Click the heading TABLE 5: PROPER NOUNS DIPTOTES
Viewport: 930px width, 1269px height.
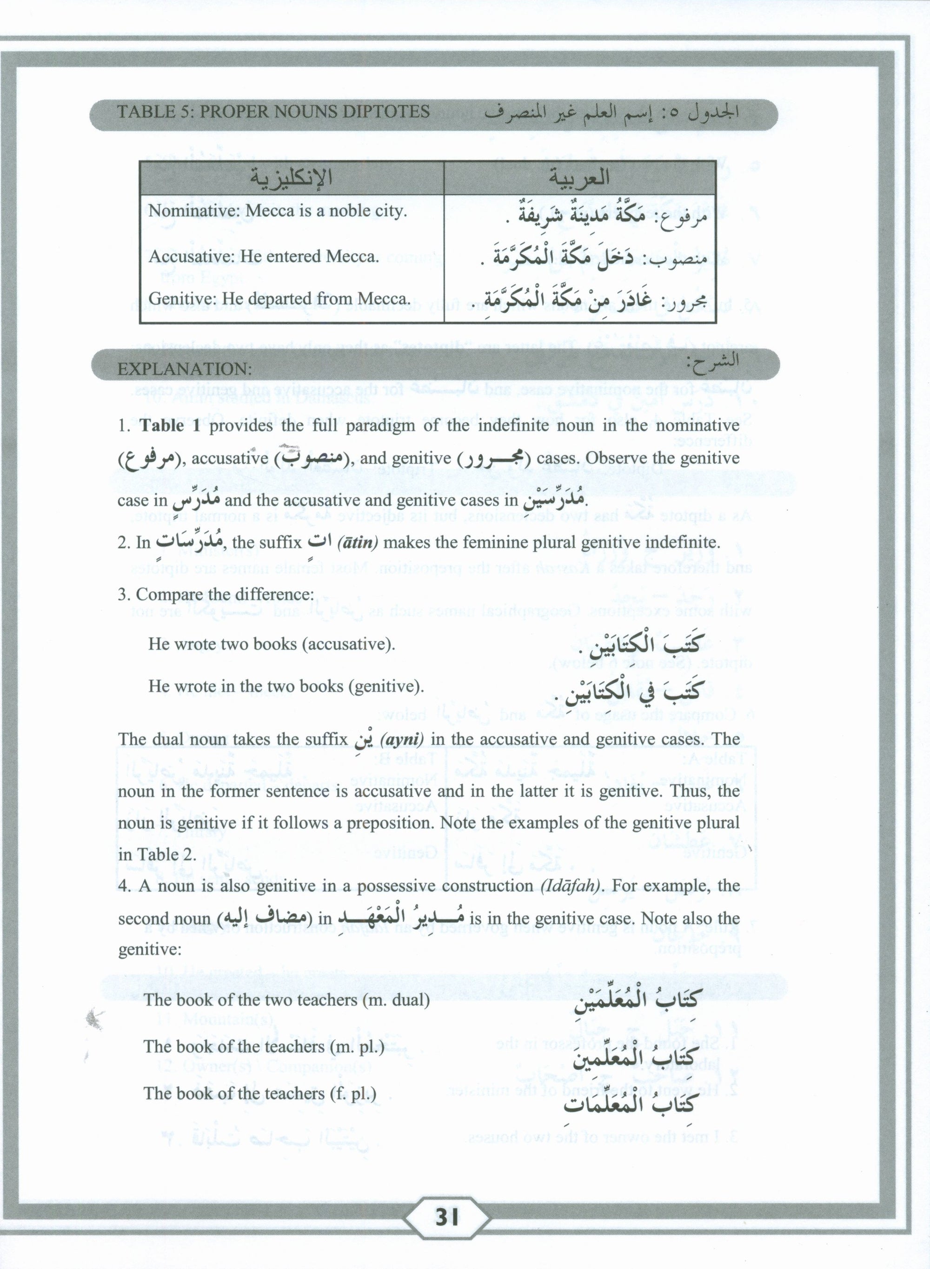(x=273, y=112)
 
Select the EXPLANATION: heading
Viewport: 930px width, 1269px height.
(x=185, y=369)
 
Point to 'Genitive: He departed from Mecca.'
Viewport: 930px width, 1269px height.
(x=278, y=299)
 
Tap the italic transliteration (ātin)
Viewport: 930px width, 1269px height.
(x=358, y=543)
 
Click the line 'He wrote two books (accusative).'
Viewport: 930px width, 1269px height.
(x=272, y=644)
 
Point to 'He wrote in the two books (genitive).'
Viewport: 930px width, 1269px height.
(x=286, y=687)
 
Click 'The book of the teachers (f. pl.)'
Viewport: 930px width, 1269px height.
(x=259, y=1093)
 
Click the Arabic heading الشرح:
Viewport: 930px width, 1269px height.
(x=713, y=361)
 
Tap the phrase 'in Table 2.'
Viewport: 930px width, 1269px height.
(x=157, y=854)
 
